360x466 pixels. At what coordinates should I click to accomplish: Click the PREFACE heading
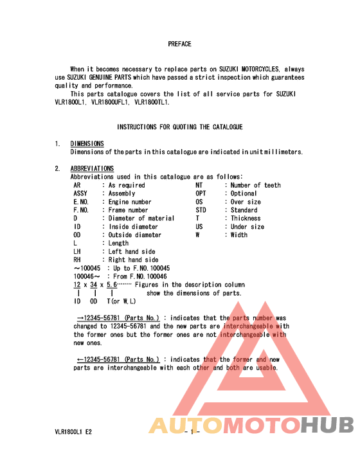(x=179, y=44)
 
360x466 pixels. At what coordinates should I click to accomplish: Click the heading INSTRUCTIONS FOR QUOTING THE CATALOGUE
(x=179, y=127)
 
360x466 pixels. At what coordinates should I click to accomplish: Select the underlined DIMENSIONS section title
(x=87, y=143)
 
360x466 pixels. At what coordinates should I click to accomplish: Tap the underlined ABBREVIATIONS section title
(x=92, y=168)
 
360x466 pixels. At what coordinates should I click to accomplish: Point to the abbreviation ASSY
(x=80, y=193)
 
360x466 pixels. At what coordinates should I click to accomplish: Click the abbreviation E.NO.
(x=81, y=202)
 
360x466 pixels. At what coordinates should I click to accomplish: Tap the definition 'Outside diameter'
(x=135, y=235)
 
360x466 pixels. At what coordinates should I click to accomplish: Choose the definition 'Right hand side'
(x=133, y=260)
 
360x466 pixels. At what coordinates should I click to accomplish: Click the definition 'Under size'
(x=248, y=227)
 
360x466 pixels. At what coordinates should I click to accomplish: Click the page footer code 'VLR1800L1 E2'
(x=73, y=432)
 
